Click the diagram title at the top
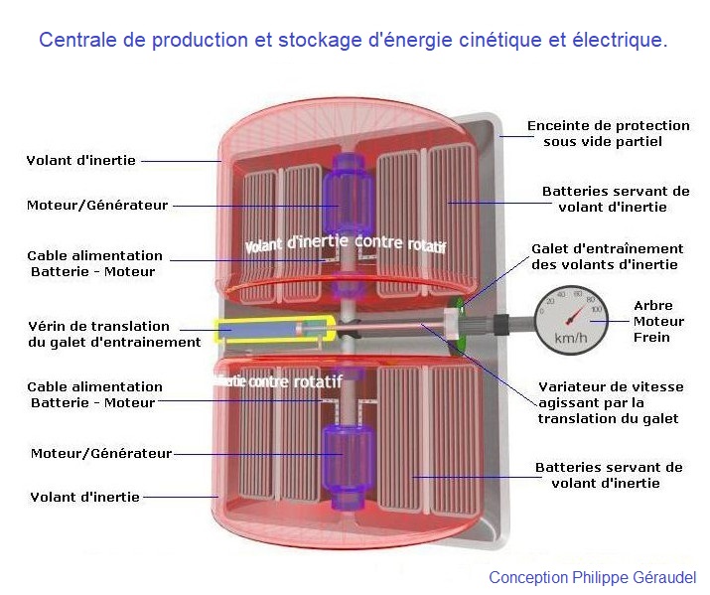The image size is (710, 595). tap(353, 41)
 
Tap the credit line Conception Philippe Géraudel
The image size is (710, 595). tap(592, 578)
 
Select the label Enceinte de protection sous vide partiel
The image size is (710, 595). tap(608, 133)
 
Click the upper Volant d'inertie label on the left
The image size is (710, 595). tap(81, 160)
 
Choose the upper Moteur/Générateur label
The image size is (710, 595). tap(97, 206)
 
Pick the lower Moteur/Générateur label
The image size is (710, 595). tap(100, 453)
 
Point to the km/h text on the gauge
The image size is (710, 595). tap(570, 339)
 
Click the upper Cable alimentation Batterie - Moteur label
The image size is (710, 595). tap(94, 262)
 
